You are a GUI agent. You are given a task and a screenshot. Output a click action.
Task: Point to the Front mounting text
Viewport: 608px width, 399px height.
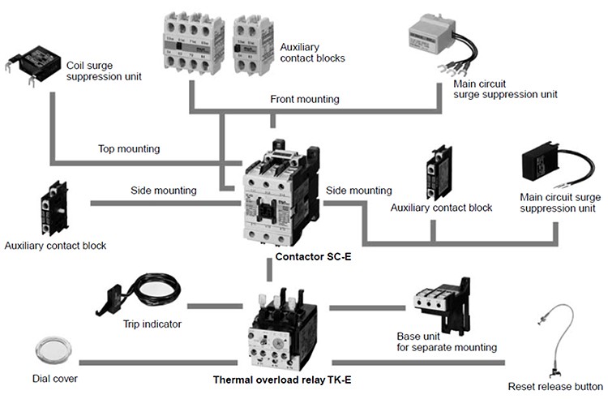(305, 100)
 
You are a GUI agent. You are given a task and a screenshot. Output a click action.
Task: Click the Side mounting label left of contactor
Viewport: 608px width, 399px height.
(164, 191)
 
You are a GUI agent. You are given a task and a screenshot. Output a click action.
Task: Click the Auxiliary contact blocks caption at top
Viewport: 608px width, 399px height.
(312, 53)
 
